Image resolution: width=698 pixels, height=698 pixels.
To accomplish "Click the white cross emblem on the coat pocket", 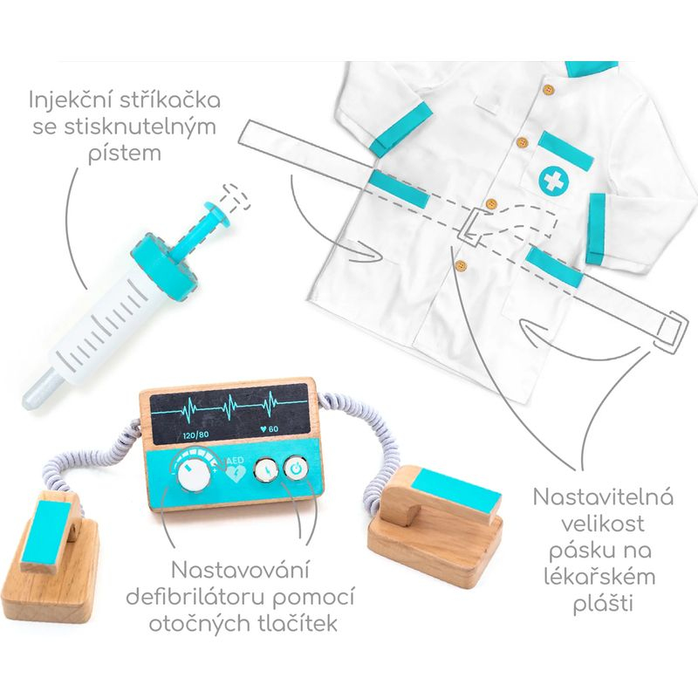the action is tap(554, 181).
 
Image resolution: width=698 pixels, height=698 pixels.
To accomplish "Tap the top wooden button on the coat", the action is tap(549, 89).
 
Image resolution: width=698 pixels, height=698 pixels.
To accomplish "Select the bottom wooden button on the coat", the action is tap(462, 265).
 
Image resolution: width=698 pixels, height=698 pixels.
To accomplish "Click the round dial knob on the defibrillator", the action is tap(194, 476).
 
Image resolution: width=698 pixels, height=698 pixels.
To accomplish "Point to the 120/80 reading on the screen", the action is tap(195, 435).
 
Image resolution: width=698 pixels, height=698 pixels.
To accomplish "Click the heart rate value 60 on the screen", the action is tap(270, 429).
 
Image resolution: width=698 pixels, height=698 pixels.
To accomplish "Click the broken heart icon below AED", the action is tap(235, 476).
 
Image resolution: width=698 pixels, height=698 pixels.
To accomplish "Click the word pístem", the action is tap(125, 154).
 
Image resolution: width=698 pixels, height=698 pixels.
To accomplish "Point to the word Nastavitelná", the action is tap(603, 497).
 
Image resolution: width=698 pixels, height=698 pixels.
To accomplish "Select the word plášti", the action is tap(603, 604).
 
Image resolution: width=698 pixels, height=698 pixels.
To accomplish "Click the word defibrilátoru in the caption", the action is tap(195, 598).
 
